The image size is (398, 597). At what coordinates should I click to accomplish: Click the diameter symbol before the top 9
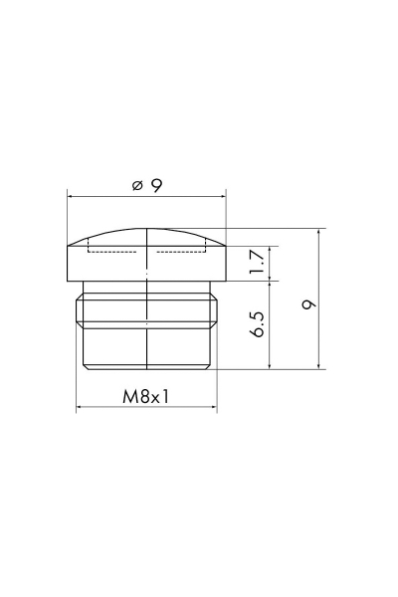pos(137,186)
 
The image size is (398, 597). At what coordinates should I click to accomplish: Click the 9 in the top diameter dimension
pos(156,186)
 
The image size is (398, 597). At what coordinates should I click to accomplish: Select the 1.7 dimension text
pos(257,261)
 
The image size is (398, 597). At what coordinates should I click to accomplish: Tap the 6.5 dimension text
pos(257,324)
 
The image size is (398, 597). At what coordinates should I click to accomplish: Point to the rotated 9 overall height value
pos(308,304)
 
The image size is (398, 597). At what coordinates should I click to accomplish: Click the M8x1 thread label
pos(145,397)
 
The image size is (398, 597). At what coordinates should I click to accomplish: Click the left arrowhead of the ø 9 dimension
pos(71,196)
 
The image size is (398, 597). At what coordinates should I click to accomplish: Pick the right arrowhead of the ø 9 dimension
pos(223,196)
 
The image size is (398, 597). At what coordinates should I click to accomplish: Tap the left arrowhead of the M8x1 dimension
pos(80,407)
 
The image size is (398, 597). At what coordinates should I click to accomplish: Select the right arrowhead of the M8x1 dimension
pos(214,407)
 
